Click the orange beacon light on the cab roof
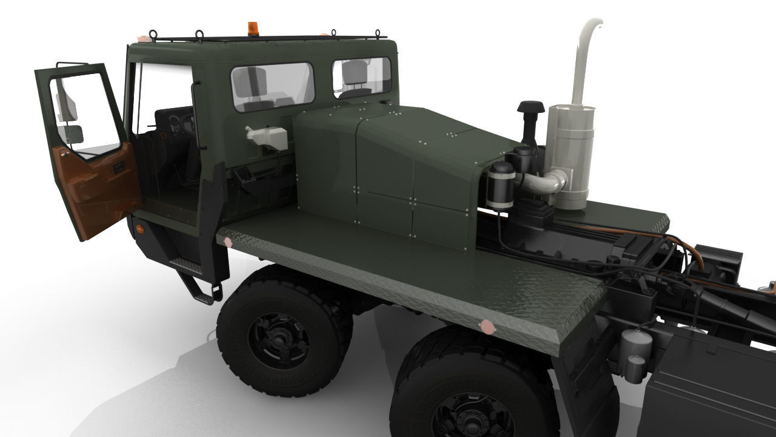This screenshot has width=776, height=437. tap(252, 29)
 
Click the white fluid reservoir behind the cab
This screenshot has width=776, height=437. tap(266, 136)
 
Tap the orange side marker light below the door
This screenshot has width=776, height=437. tap(141, 229)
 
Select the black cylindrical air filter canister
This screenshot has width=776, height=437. tap(502, 185)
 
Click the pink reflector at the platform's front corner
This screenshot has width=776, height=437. tap(228, 242)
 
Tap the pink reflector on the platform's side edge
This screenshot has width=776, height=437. tap(486, 328)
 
